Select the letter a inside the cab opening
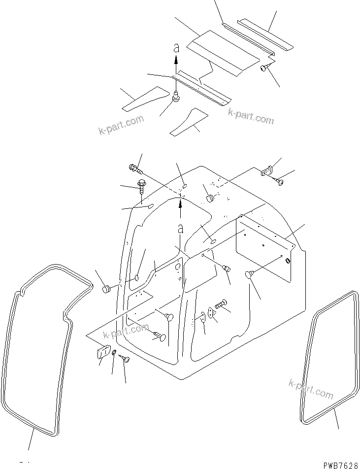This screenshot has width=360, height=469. (x=180, y=229)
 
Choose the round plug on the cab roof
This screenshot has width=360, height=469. (x=210, y=199)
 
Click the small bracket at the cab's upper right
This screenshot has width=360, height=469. (x=266, y=171)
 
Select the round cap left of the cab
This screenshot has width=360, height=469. (x=105, y=289)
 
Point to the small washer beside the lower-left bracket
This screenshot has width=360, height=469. (x=114, y=352)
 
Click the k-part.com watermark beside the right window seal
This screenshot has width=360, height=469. (x=312, y=388)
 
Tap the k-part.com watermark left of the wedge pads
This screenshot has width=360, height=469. (x=121, y=125)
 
